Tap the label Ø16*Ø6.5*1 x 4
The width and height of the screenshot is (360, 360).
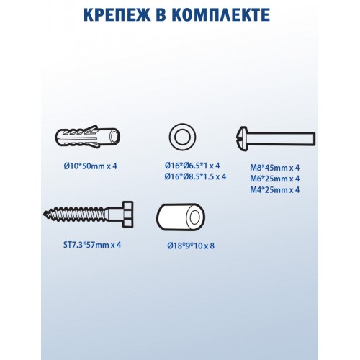click(192, 166)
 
